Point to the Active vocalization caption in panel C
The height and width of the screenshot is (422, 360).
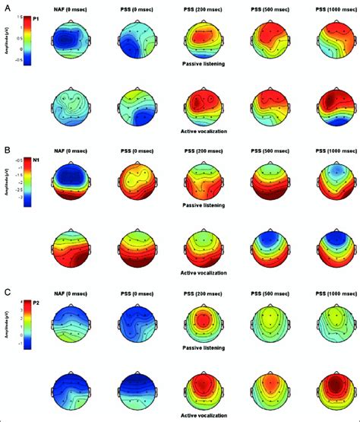click(x=201, y=416)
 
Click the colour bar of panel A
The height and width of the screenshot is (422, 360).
click(x=27, y=38)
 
